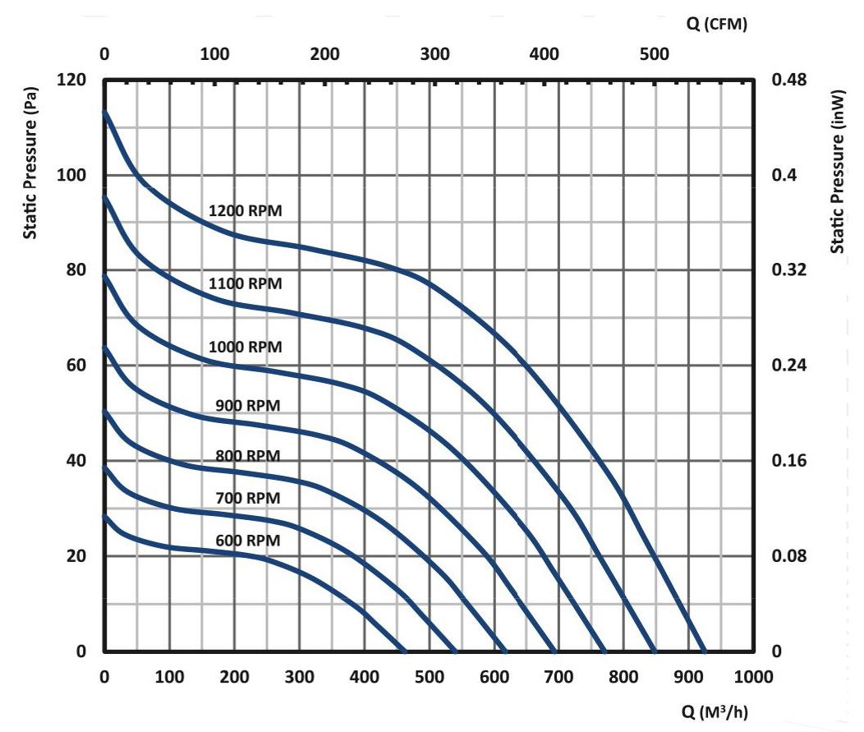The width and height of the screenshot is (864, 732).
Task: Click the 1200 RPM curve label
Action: point(246,210)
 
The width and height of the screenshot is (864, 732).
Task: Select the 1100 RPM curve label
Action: point(246,283)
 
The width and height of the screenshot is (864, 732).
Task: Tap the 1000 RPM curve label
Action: point(246,347)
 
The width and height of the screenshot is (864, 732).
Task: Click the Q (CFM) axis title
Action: point(715,25)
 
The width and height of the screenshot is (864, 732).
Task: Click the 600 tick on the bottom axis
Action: point(494,678)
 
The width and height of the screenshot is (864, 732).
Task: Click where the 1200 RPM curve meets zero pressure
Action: point(703,651)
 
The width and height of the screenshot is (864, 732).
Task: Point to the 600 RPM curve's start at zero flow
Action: point(104,516)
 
